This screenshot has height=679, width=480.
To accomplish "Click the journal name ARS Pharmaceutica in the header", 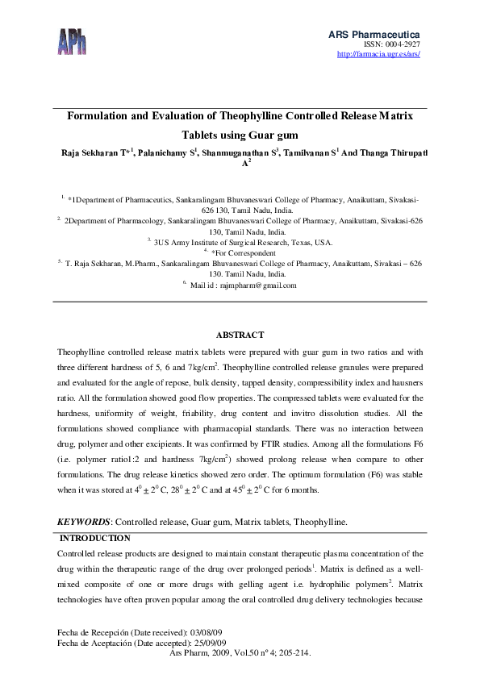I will click(x=374, y=34).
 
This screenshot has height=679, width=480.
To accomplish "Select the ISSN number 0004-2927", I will click(x=403, y=44).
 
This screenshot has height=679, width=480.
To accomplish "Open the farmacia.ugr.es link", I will click(x=378, y=54).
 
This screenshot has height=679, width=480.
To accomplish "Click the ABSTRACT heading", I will click(x=240, y=335).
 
